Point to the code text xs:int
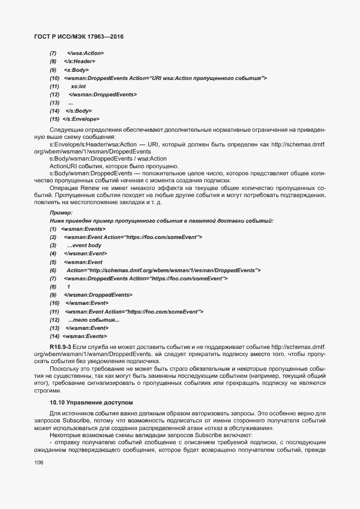coord(78,87)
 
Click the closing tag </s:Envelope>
coord(81,119)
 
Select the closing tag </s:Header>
coord(77,62)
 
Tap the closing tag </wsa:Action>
coord(85,53)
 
